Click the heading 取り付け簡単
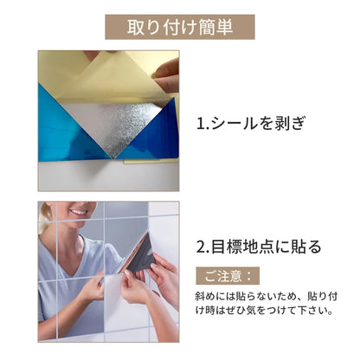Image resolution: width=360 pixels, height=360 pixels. [180, 27]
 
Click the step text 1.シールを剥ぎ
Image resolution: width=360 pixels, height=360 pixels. [251, 124]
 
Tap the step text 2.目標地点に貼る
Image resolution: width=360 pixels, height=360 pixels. [259, 247]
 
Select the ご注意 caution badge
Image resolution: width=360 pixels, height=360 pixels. [228, 276]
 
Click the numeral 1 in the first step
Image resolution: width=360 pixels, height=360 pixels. [201, 124]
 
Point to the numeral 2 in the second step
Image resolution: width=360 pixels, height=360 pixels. [201, 247]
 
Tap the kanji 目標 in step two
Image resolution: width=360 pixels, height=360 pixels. [227, 247]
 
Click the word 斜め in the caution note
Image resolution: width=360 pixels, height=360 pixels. [205, 297]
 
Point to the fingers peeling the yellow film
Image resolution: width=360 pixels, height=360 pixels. [167, 75]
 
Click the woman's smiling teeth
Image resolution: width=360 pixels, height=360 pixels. [79, 212]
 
